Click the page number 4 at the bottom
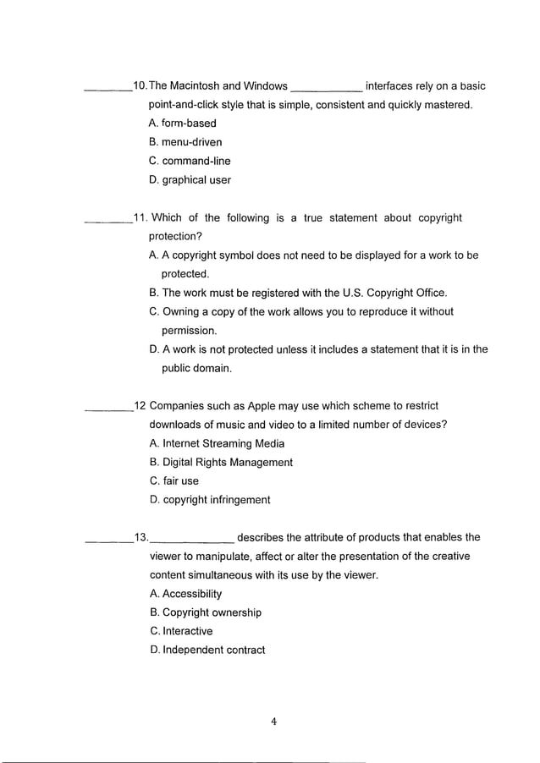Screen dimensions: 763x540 [273, 722]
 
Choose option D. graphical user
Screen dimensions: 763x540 [190, 179]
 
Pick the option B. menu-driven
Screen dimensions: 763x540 [185, 142]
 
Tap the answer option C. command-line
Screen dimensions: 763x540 [190, 161]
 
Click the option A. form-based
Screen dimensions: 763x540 [182, 124]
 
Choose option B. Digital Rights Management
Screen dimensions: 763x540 [221, 462]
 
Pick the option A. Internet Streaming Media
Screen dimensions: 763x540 [217, 443]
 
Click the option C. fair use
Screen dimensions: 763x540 [174, 480]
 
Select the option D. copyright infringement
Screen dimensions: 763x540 [210, 499]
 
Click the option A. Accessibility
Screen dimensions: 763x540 [185, 594]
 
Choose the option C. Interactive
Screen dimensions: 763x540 [181, 631]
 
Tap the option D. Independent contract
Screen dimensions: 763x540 [207, 650]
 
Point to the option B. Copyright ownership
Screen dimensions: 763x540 [206, 612]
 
